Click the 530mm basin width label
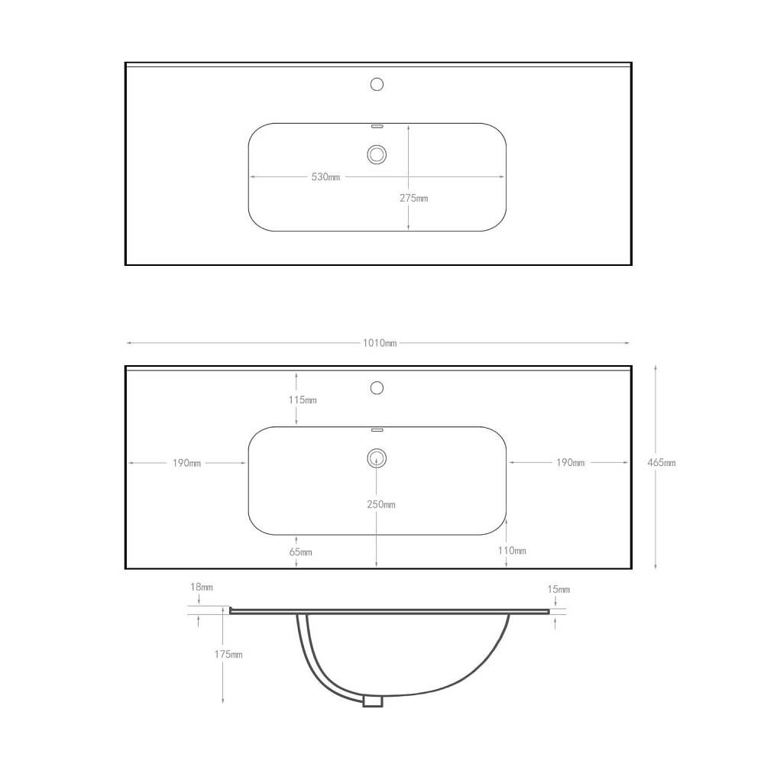[x=325, y=177]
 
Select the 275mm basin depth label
[x=413, y=198]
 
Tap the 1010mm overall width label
[x=380, y=343]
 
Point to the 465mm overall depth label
[x=661, y=462]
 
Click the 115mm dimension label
[x=303, y=400]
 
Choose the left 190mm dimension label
[x=186, y=463]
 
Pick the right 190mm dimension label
[x=570, y=462]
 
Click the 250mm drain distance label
[x=381, y=505]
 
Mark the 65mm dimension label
[x=300, y=552]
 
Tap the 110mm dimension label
[x=512, y=551]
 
